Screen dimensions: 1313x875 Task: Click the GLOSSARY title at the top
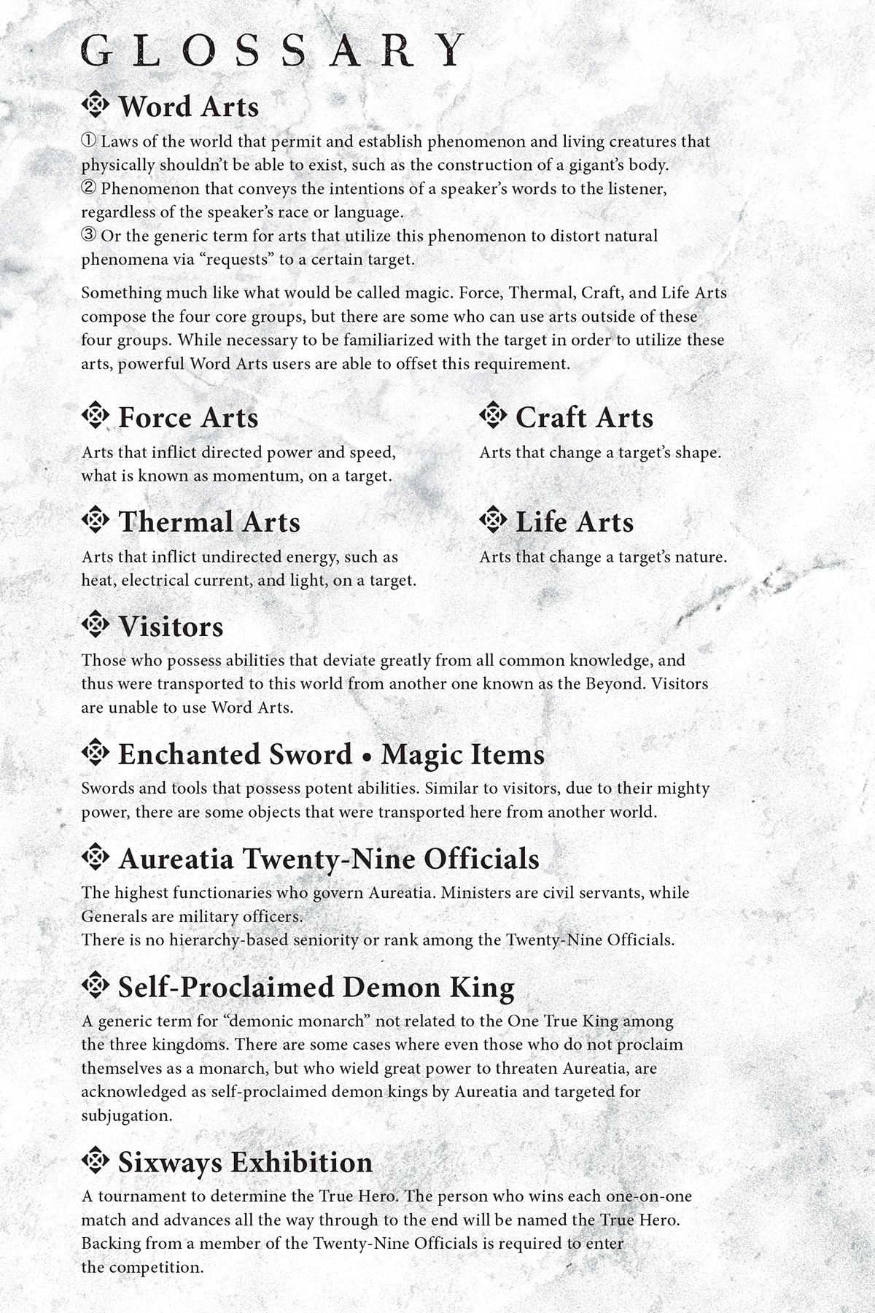[273, 50]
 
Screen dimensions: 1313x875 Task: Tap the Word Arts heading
[188, 106]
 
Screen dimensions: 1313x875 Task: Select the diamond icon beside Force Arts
[95, 416]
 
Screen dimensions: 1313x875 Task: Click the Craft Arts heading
[584, 417]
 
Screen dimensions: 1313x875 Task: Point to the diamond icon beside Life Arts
[493, 520]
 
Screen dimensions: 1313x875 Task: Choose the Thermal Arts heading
[209, 522]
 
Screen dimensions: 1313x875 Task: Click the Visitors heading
[171, 627]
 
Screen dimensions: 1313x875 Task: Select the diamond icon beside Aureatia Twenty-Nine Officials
[95, 857]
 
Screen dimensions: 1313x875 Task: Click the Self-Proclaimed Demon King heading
[316, 987]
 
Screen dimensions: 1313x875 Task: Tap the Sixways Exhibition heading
[245, 1162]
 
